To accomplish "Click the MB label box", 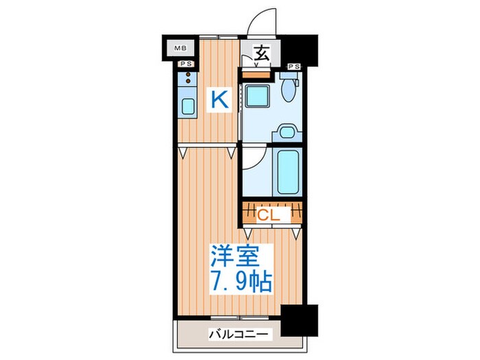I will (180, 48).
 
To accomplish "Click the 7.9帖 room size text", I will (238, 281).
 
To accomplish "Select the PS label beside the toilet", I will (293, 67).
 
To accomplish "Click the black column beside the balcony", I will (297, 319).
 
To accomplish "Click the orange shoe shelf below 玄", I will (256, 73).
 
